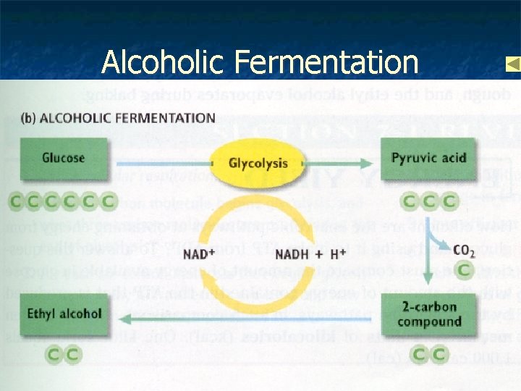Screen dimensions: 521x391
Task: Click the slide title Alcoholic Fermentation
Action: point(260,62)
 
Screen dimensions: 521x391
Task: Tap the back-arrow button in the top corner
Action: point(512,64)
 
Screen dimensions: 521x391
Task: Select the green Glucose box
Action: point(64,159)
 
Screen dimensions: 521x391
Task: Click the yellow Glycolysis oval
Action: point(258,164)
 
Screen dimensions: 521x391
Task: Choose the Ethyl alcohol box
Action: point(64,314)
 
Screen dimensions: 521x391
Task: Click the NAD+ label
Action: point(198,254)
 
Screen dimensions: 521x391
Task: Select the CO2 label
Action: point(463,251)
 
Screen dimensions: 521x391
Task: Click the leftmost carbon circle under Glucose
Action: point(14,201)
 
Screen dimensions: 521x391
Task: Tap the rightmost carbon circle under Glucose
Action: point(109,201)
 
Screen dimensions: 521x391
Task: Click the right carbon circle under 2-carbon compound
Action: point(439,355)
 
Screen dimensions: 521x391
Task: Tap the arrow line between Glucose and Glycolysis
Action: point(159,163)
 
